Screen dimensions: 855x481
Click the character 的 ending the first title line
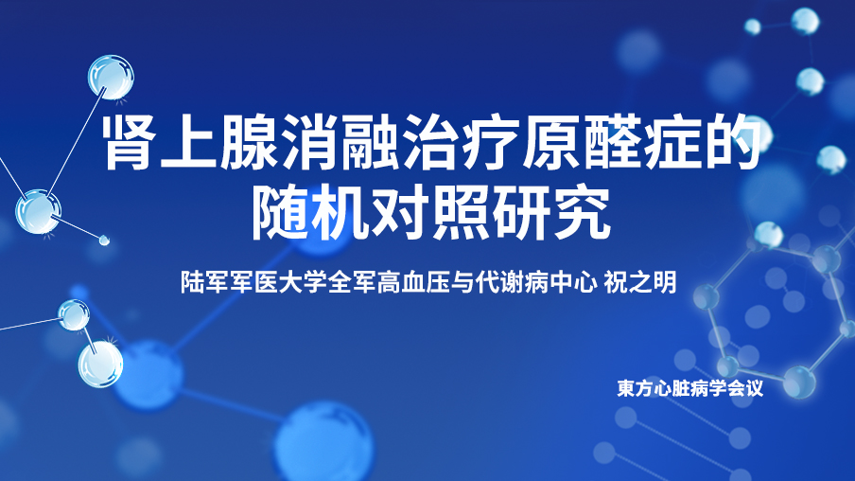[x=732, y=142]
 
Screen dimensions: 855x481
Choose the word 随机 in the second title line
[x=309, y=213]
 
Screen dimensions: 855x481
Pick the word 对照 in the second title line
[x=430, y=213]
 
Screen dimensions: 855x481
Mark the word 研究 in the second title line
[x=550, y=213]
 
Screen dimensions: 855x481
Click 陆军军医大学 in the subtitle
[x=253, y=282]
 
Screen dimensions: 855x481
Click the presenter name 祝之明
[x=640, y=282]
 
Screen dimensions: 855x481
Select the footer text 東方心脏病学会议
[x=689, y=388]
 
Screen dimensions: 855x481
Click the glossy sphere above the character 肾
[x=112, y=77]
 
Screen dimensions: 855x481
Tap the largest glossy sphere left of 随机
[x=38, y=212]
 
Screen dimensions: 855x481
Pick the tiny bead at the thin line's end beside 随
[x=104, y=240]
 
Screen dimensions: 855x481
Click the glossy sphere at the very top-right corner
[x=805, y=22]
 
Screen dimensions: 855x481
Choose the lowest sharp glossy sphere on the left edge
[x=100, y=365]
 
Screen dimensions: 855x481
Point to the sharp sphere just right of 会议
[x=799, y=383]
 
